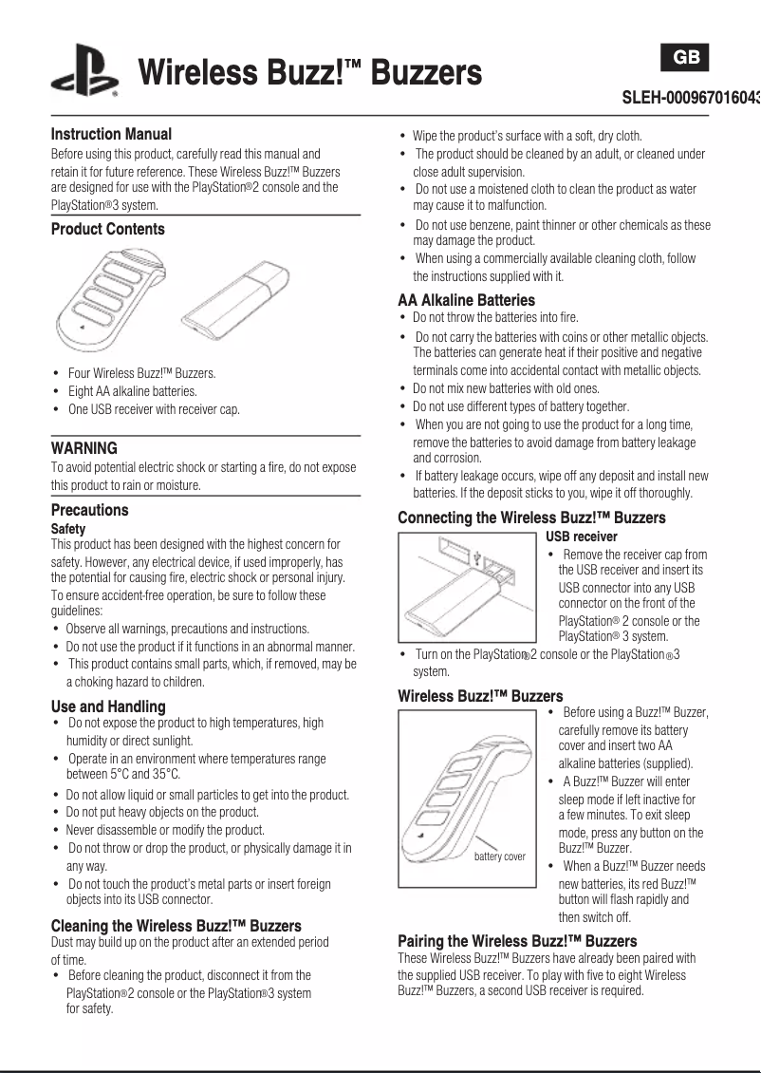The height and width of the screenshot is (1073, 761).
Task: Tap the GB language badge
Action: coord(686,58)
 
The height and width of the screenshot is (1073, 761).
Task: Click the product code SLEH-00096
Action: coord(691,98)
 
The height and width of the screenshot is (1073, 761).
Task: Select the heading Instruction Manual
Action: coord(111,134)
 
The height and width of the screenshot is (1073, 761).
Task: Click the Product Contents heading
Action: coord(107,229)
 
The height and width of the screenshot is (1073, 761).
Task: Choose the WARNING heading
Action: coord(84,448)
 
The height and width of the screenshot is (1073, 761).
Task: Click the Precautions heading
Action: coord(89,510)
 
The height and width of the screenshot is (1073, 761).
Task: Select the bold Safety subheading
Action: coord(68,529)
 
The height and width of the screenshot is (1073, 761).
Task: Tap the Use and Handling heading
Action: coord(108,706)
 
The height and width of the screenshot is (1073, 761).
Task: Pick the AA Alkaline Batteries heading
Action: coord(466,300)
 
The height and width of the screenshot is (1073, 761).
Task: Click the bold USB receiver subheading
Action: coord(582,536)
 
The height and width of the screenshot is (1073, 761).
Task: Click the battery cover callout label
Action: coord(499,857)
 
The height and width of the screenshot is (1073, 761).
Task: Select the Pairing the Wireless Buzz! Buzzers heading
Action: coord(517,941)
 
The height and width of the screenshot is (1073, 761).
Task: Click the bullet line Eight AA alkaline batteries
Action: coord(132,391)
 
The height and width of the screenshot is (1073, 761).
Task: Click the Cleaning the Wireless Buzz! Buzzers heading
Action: coord(176,926)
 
